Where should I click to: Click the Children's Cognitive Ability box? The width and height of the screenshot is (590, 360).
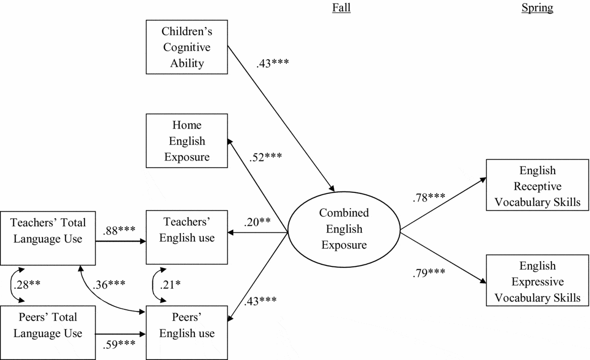coord(186,47)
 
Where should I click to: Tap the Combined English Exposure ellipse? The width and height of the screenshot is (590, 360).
coord(344,229)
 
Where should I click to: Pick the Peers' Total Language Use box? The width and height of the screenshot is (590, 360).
coord(48,326)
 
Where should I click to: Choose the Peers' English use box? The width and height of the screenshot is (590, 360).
coord(186,326)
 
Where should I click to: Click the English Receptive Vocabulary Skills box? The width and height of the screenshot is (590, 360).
coord(537,186)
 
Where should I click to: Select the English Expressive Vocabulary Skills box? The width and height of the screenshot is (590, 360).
coord(537,282)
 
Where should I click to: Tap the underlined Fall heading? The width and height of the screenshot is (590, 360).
coord(341,8)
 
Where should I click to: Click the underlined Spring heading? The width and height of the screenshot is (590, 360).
coord(537,8)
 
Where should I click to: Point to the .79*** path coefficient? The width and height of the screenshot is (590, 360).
coord(428,272)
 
